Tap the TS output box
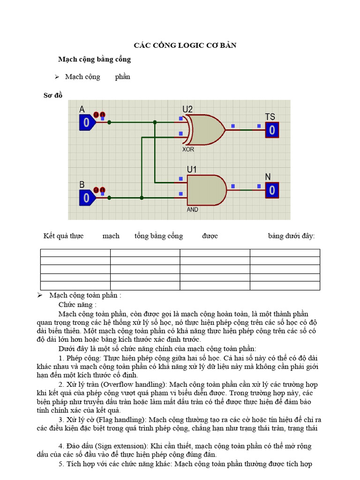272,130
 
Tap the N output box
272,190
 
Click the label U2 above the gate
187,109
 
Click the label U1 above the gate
192,169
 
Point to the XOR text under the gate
188,150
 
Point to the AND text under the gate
192,210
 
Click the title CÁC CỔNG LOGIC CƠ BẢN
185,45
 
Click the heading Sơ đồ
52,95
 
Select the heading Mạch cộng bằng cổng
94,60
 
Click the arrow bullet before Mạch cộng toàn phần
40,295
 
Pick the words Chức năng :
77,305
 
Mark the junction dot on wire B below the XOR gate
142,198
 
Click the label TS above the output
270,117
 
